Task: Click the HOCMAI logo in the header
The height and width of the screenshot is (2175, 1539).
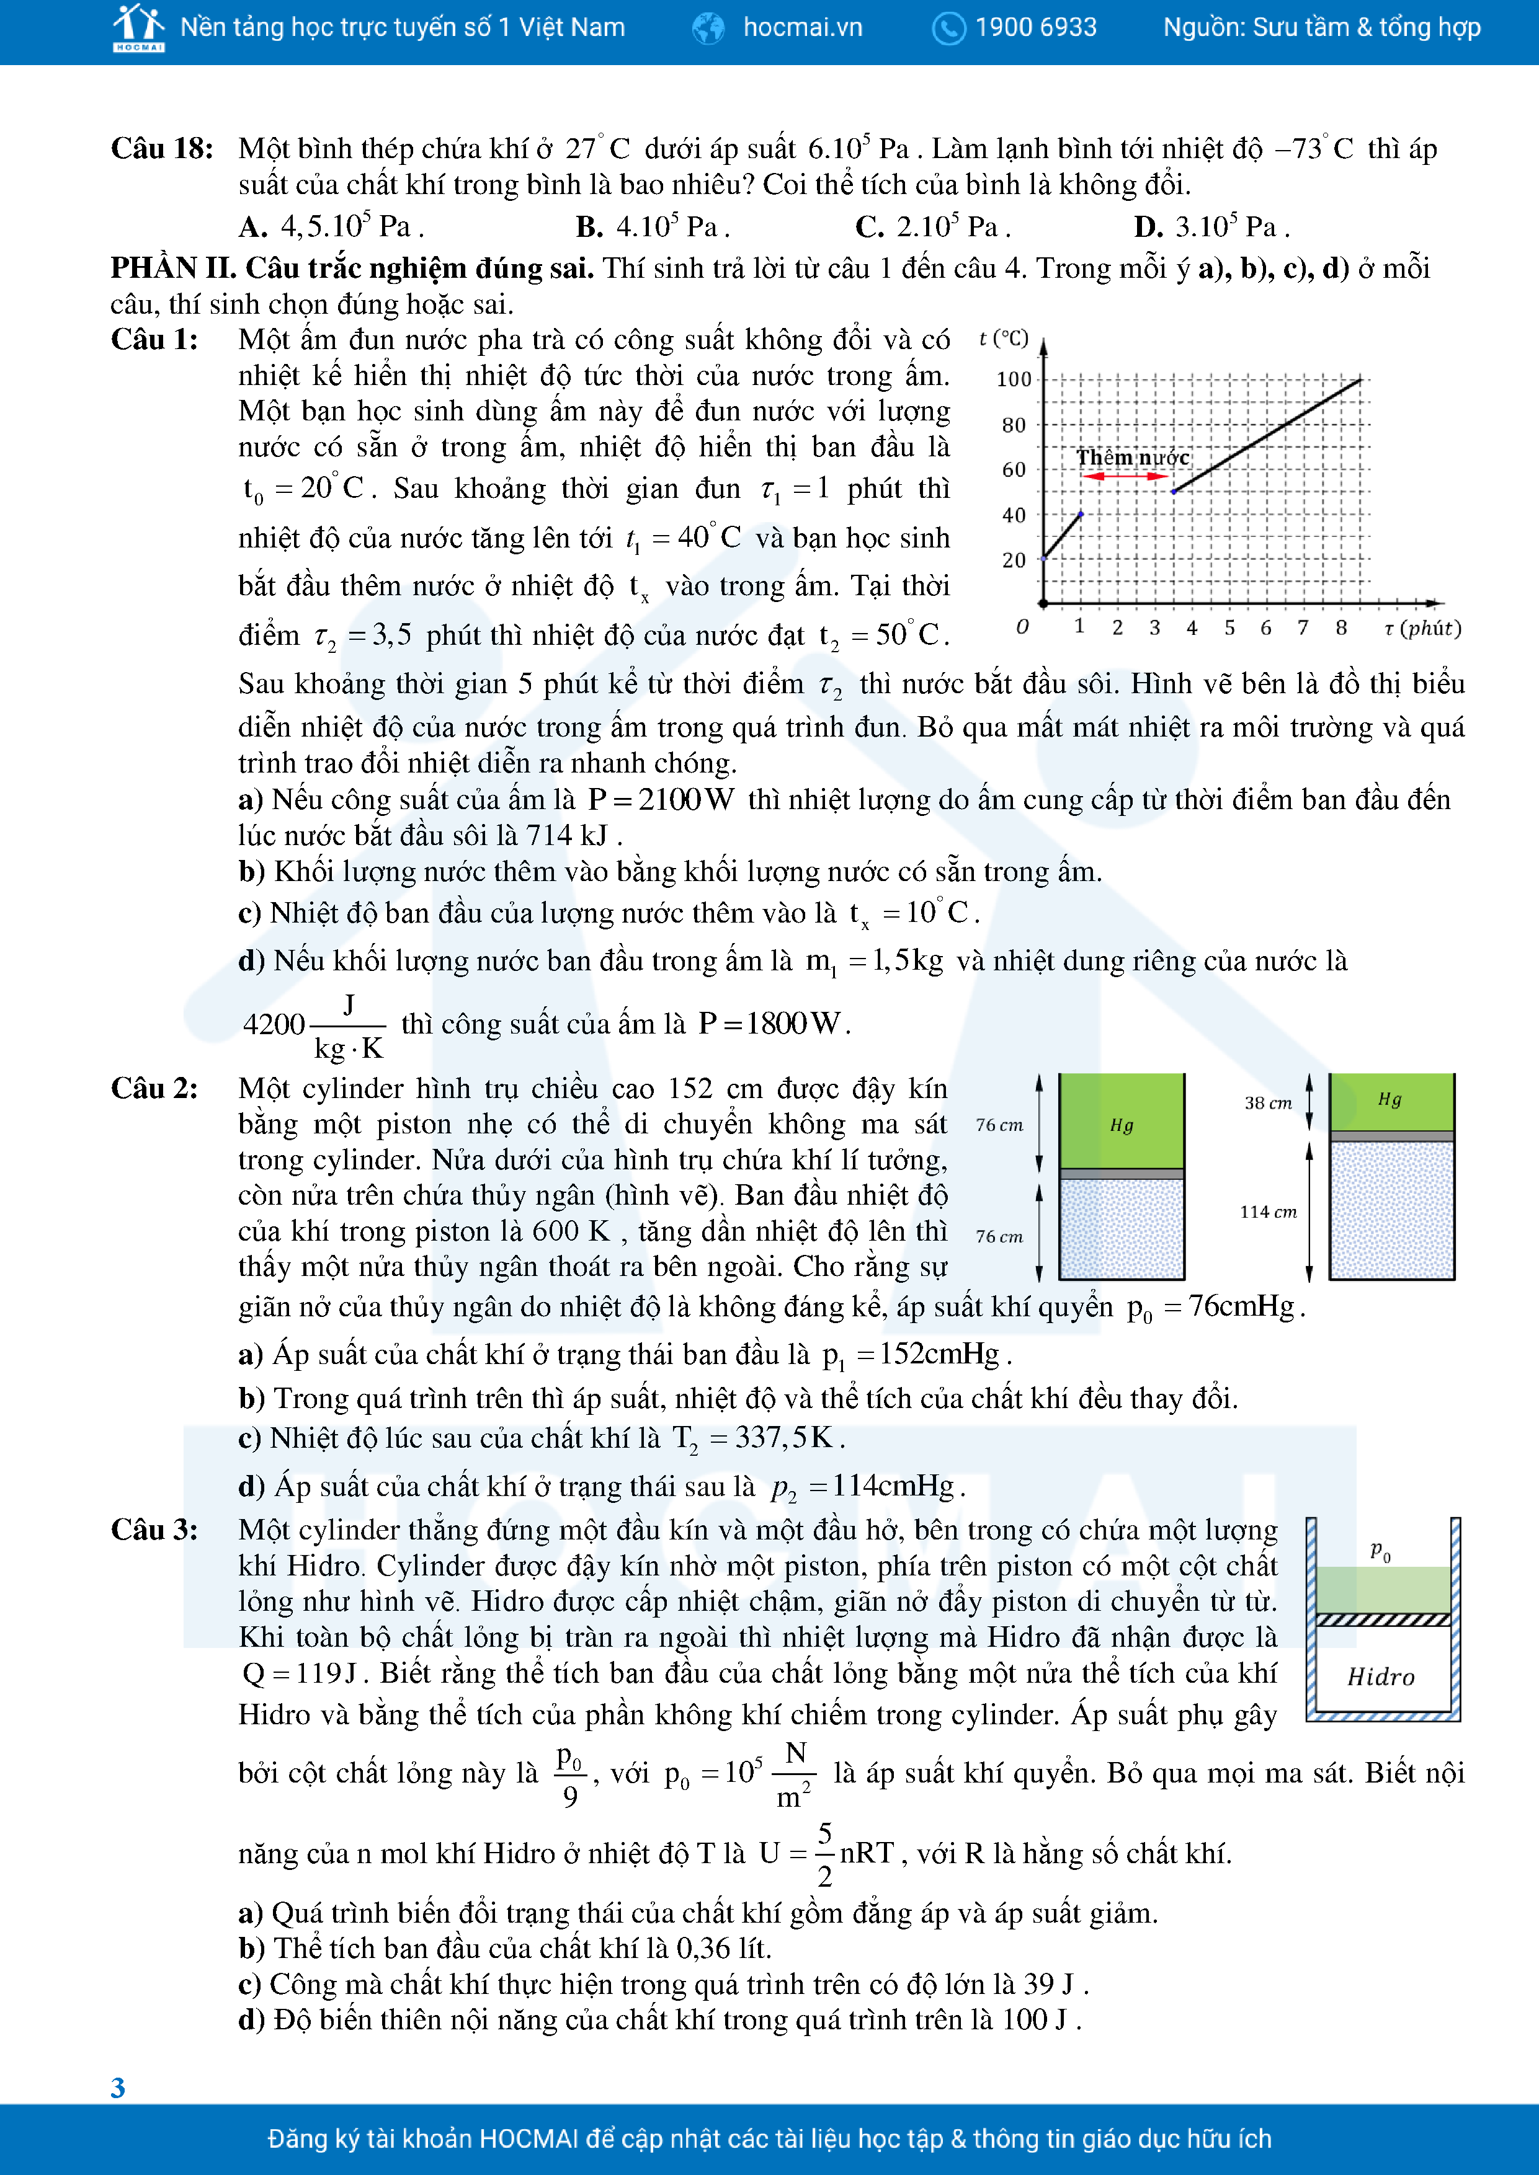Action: pos(138,27)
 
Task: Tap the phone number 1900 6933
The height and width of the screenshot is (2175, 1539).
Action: pos(1035,27)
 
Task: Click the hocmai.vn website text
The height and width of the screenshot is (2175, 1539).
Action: pos(801,27)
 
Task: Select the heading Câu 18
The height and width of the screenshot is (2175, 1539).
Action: pos(161,149)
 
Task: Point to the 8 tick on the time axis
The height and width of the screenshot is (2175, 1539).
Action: pos(1341,627)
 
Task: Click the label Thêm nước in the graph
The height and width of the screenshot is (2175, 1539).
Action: pos(1133,458)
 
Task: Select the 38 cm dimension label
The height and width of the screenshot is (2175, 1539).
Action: pos(1268,1102)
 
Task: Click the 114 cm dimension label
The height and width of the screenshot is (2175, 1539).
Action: pos(1268,1212)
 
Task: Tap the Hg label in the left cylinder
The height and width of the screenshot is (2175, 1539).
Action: pos(1121,1125)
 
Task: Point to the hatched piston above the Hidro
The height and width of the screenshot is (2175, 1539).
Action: pos(1383,1620)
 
